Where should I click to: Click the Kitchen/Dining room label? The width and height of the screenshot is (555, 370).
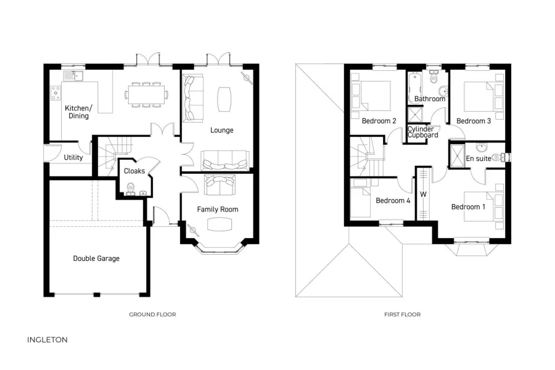(78, 112)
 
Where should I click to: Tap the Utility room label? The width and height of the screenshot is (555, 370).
(73, 158)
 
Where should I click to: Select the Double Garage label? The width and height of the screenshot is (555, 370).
(96, 258)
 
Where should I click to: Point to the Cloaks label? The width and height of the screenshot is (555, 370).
(134, 171)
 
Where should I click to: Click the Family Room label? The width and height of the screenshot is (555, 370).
(217, 210)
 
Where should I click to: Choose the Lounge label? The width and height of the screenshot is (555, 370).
(221, 130)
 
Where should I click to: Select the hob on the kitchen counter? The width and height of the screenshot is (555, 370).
(55, 92)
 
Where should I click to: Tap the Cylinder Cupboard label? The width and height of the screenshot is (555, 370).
(423, 132)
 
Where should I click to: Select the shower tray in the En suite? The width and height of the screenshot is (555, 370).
(458, 152)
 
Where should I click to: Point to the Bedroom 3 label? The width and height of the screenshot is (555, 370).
(474, 121)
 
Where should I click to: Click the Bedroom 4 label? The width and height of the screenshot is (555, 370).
(393, 200)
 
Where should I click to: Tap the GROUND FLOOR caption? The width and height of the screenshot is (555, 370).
(152, 314)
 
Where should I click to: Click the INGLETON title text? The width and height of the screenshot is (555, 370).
(47, 340)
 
